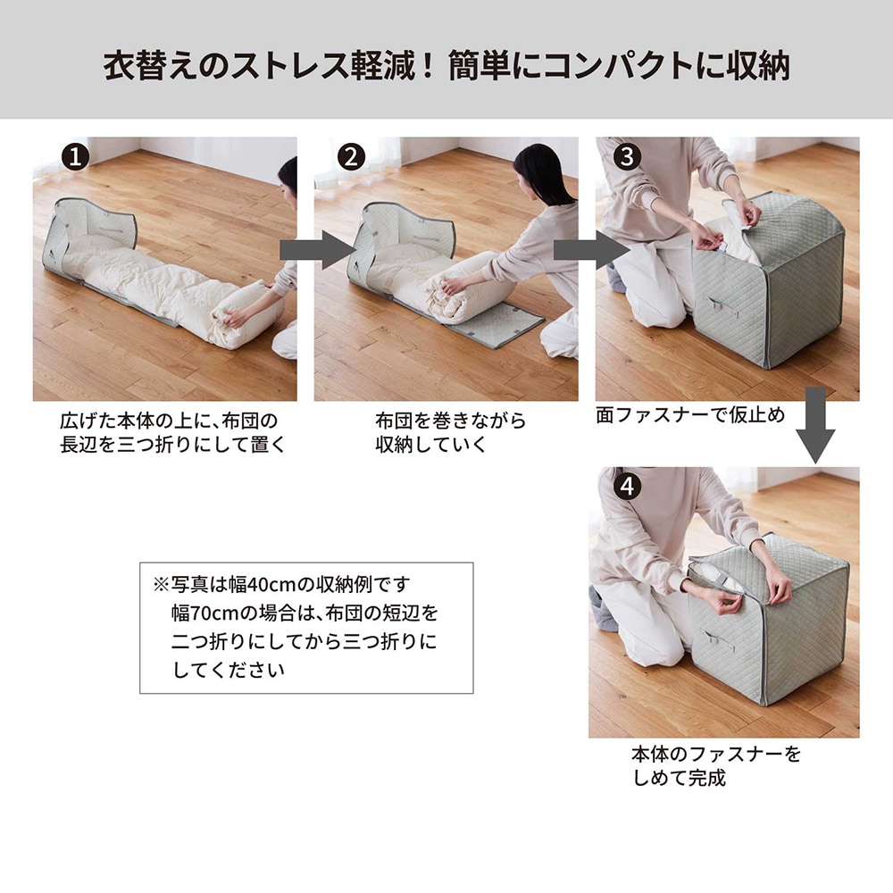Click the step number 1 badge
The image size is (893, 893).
75,156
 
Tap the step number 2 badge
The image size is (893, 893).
351,156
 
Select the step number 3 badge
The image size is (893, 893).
628,156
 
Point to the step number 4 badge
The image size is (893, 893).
628,487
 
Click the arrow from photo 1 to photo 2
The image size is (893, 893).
317,250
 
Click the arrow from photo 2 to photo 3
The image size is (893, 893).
592,250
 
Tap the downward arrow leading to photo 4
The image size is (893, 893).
815,425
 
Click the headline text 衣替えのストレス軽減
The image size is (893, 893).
260,65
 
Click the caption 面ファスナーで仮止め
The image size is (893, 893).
690,415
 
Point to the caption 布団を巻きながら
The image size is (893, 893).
450,421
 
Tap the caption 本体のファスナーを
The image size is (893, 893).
716,754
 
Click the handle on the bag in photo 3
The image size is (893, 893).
721,307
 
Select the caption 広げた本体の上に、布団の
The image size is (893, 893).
169,421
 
